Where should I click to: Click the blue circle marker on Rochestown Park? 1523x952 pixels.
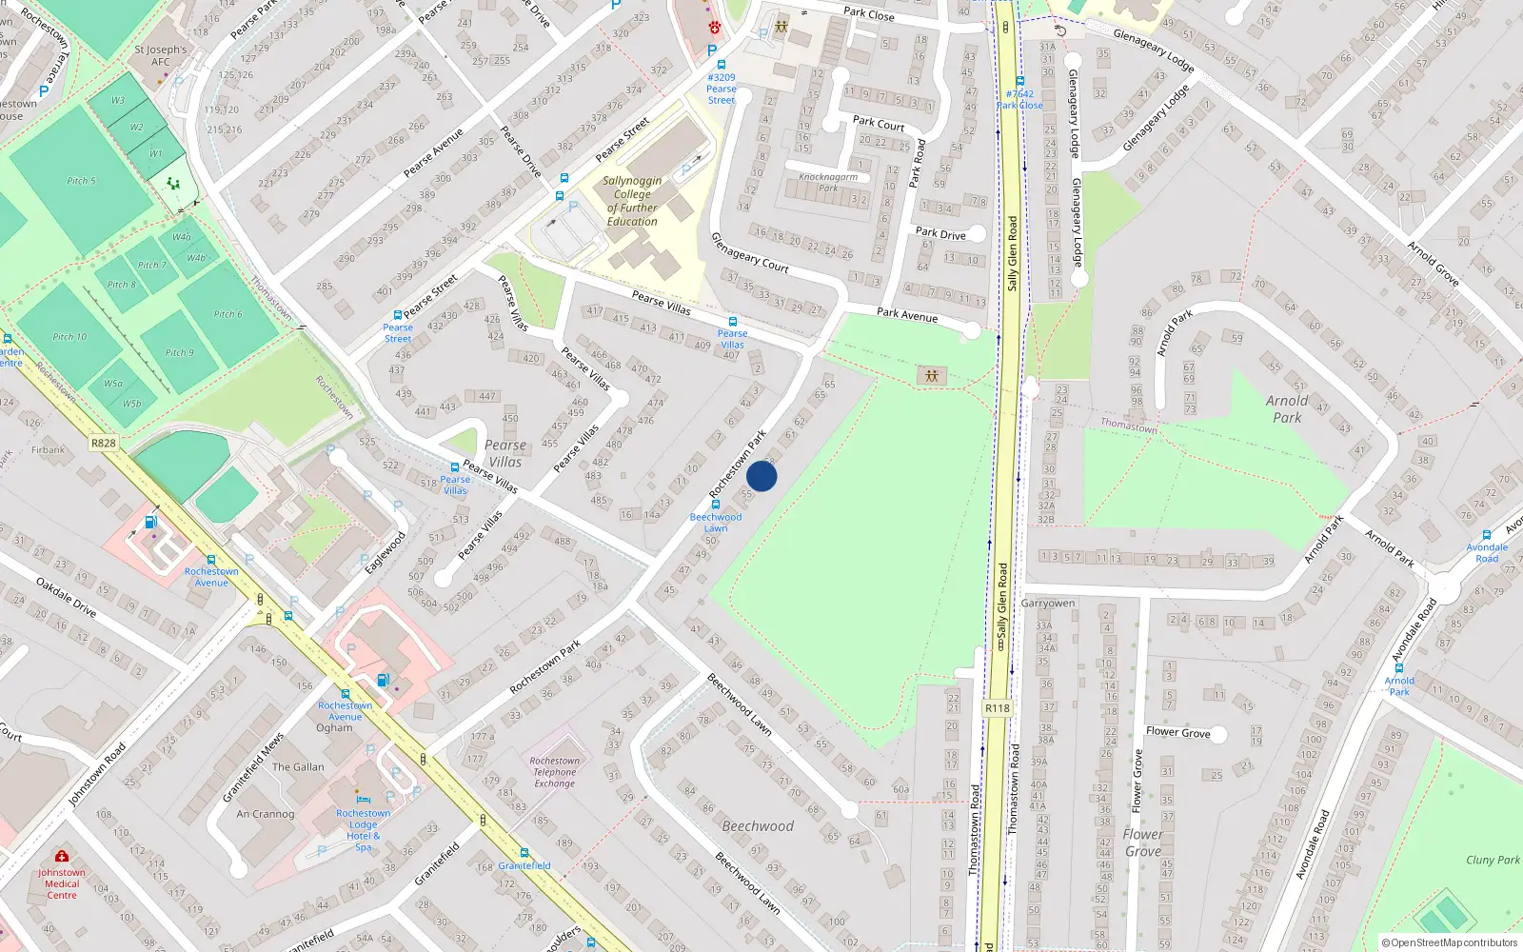tap(761, 476)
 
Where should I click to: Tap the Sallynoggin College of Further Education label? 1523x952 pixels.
tap(632, 201)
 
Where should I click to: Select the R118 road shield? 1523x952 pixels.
tap(998, 708)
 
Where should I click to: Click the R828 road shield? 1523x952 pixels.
tap(104, 443)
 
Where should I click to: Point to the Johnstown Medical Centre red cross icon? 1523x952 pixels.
tap(62, 856)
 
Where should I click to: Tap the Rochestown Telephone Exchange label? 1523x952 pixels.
tap(555, 772)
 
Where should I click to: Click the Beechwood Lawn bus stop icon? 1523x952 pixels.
tap(716, 505)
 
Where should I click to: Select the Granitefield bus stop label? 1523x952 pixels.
tap(524, 865)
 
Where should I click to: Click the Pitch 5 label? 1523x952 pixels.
tap(81, 181)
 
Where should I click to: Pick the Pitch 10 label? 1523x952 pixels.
tap(69, 337)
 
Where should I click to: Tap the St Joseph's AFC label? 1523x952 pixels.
tap(161, 55)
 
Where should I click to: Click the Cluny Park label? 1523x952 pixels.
tap(1493, 860)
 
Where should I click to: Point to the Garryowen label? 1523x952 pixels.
tap(1048, 604)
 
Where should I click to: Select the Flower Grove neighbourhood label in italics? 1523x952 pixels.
tap(1143, 843)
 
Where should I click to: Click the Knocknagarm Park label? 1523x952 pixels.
tap(828, 182)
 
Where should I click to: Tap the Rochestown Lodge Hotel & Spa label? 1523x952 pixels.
tap(363, 830)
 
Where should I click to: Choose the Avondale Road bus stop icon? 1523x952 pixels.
tap(1487, 536)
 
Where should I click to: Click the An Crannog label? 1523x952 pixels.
tap(266, 814)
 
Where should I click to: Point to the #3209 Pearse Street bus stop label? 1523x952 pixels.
tap(722, 89)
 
